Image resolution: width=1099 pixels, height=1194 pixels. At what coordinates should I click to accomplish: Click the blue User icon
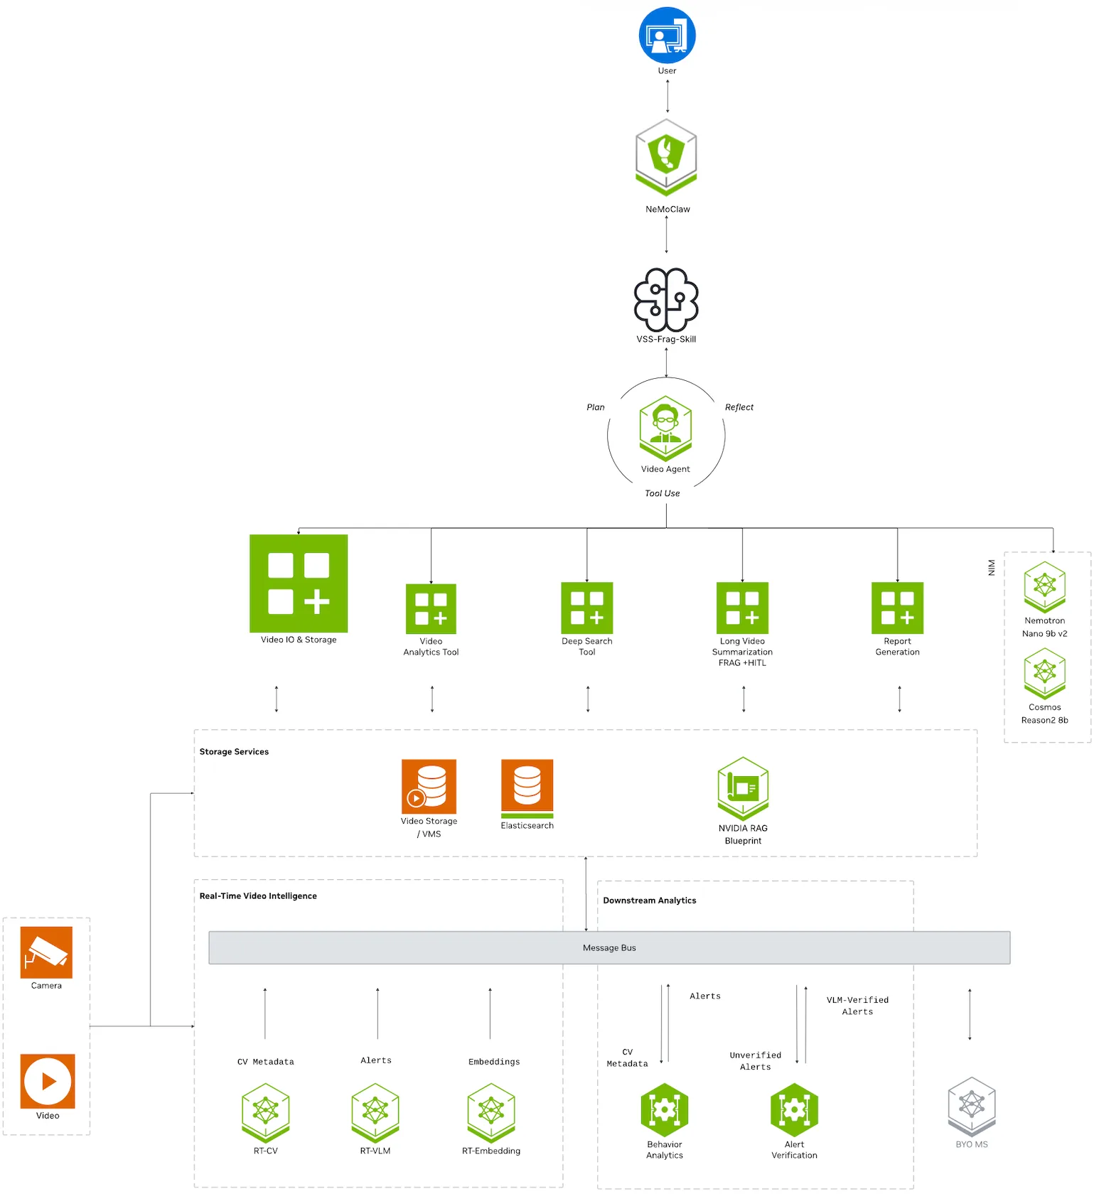click(x=667, y=36)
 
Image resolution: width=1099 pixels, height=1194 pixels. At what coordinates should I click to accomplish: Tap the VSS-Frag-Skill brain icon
click(x=666, y=300)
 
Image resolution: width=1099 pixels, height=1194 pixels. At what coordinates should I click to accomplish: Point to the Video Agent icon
click(x=665, y=429)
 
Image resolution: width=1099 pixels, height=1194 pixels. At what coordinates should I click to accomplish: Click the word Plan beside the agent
click(x=596, y=407)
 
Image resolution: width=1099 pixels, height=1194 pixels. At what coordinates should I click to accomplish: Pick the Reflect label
click(x=739, y=407)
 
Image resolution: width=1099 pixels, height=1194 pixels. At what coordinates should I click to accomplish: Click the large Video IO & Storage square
click(x=299, y=583)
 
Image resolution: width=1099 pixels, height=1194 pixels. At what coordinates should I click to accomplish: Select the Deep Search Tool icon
click(x=587, y=608)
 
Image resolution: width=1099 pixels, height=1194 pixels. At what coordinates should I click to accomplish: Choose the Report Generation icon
click(x=898, y=608)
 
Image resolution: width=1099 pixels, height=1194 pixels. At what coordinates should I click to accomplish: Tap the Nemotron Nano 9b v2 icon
click(x=1045, y=587)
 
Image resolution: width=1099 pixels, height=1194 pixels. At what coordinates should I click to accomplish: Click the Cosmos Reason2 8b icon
click(x=1045, y=674)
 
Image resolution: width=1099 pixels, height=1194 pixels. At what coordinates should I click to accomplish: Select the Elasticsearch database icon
click(x=527, y=789)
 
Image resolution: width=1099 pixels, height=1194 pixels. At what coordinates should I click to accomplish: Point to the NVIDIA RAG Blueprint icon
click(x=743, y=789)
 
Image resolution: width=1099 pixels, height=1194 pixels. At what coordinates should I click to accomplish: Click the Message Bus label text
click(x=609, y=948)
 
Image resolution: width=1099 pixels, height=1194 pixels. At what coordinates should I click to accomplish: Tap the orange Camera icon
click(x=46, y=952)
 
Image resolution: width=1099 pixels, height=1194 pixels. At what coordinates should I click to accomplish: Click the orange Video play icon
click(x=48, y=1081)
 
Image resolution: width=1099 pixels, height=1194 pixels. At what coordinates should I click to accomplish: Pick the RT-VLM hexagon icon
click(x=375, y=1113)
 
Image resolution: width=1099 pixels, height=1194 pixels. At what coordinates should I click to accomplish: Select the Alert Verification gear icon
click(x=795, y=1110)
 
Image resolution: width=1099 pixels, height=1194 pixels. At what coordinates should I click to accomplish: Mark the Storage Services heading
click(x=234, y=752)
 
